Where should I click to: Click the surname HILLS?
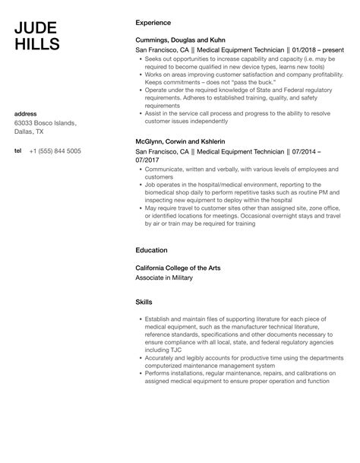click(x=36, y=44)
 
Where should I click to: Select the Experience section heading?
click(x=153, y=23)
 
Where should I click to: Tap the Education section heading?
click(x=151, y=249)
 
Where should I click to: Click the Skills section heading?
click(x=144, y=302)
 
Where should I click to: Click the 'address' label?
click(x=26, y=114)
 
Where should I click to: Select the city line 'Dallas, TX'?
click(x=32, y=134)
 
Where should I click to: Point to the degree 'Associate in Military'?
click(x=164, y=277)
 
